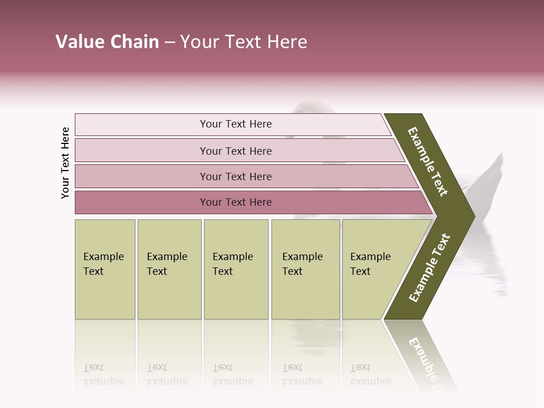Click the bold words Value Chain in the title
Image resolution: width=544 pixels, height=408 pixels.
107,42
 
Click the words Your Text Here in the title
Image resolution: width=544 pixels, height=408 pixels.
244,42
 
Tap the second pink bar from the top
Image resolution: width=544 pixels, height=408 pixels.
236,151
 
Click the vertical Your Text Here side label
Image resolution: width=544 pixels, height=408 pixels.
65,163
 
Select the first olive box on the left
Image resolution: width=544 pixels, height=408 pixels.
105,269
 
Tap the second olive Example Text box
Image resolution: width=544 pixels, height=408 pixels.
169,269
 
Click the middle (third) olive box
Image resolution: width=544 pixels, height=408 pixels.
236,269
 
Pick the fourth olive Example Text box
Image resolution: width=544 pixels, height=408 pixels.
305,269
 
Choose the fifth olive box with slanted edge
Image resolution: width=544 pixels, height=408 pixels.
374,269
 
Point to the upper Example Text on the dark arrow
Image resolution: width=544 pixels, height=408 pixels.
428,161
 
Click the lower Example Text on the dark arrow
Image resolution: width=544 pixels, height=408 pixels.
430,267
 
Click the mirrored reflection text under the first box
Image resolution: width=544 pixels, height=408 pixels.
103,375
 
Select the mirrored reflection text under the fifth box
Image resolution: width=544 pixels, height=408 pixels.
370,375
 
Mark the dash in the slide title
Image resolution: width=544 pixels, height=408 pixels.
169,42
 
